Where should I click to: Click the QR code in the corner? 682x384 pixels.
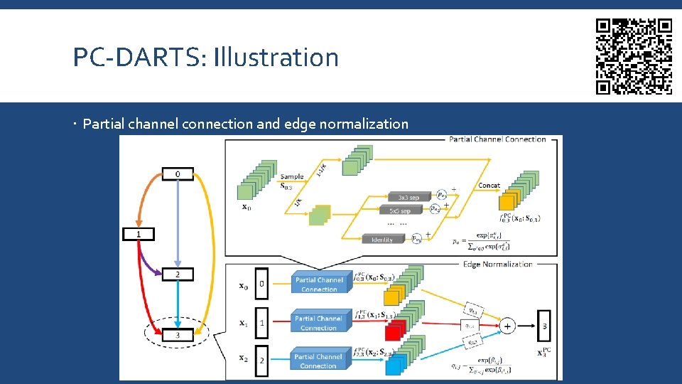pos(633,56)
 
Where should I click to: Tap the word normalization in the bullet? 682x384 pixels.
pos(364,124)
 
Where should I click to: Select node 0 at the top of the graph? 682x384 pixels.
pos(177,174)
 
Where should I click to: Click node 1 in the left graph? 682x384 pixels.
pos(139,234)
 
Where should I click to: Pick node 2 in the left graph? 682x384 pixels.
pos(177,274)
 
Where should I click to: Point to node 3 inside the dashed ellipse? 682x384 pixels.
pos(177,334)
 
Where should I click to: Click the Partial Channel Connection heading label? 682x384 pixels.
pos(497,139)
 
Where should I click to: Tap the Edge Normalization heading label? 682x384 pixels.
pos(497,264)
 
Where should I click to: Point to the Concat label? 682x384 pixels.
pos(489,186)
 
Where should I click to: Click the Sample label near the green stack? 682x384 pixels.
pos(291,177)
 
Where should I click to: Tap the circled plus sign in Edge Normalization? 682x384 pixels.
pos(507,326)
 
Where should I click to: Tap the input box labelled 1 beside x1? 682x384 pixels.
pos(261,323)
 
